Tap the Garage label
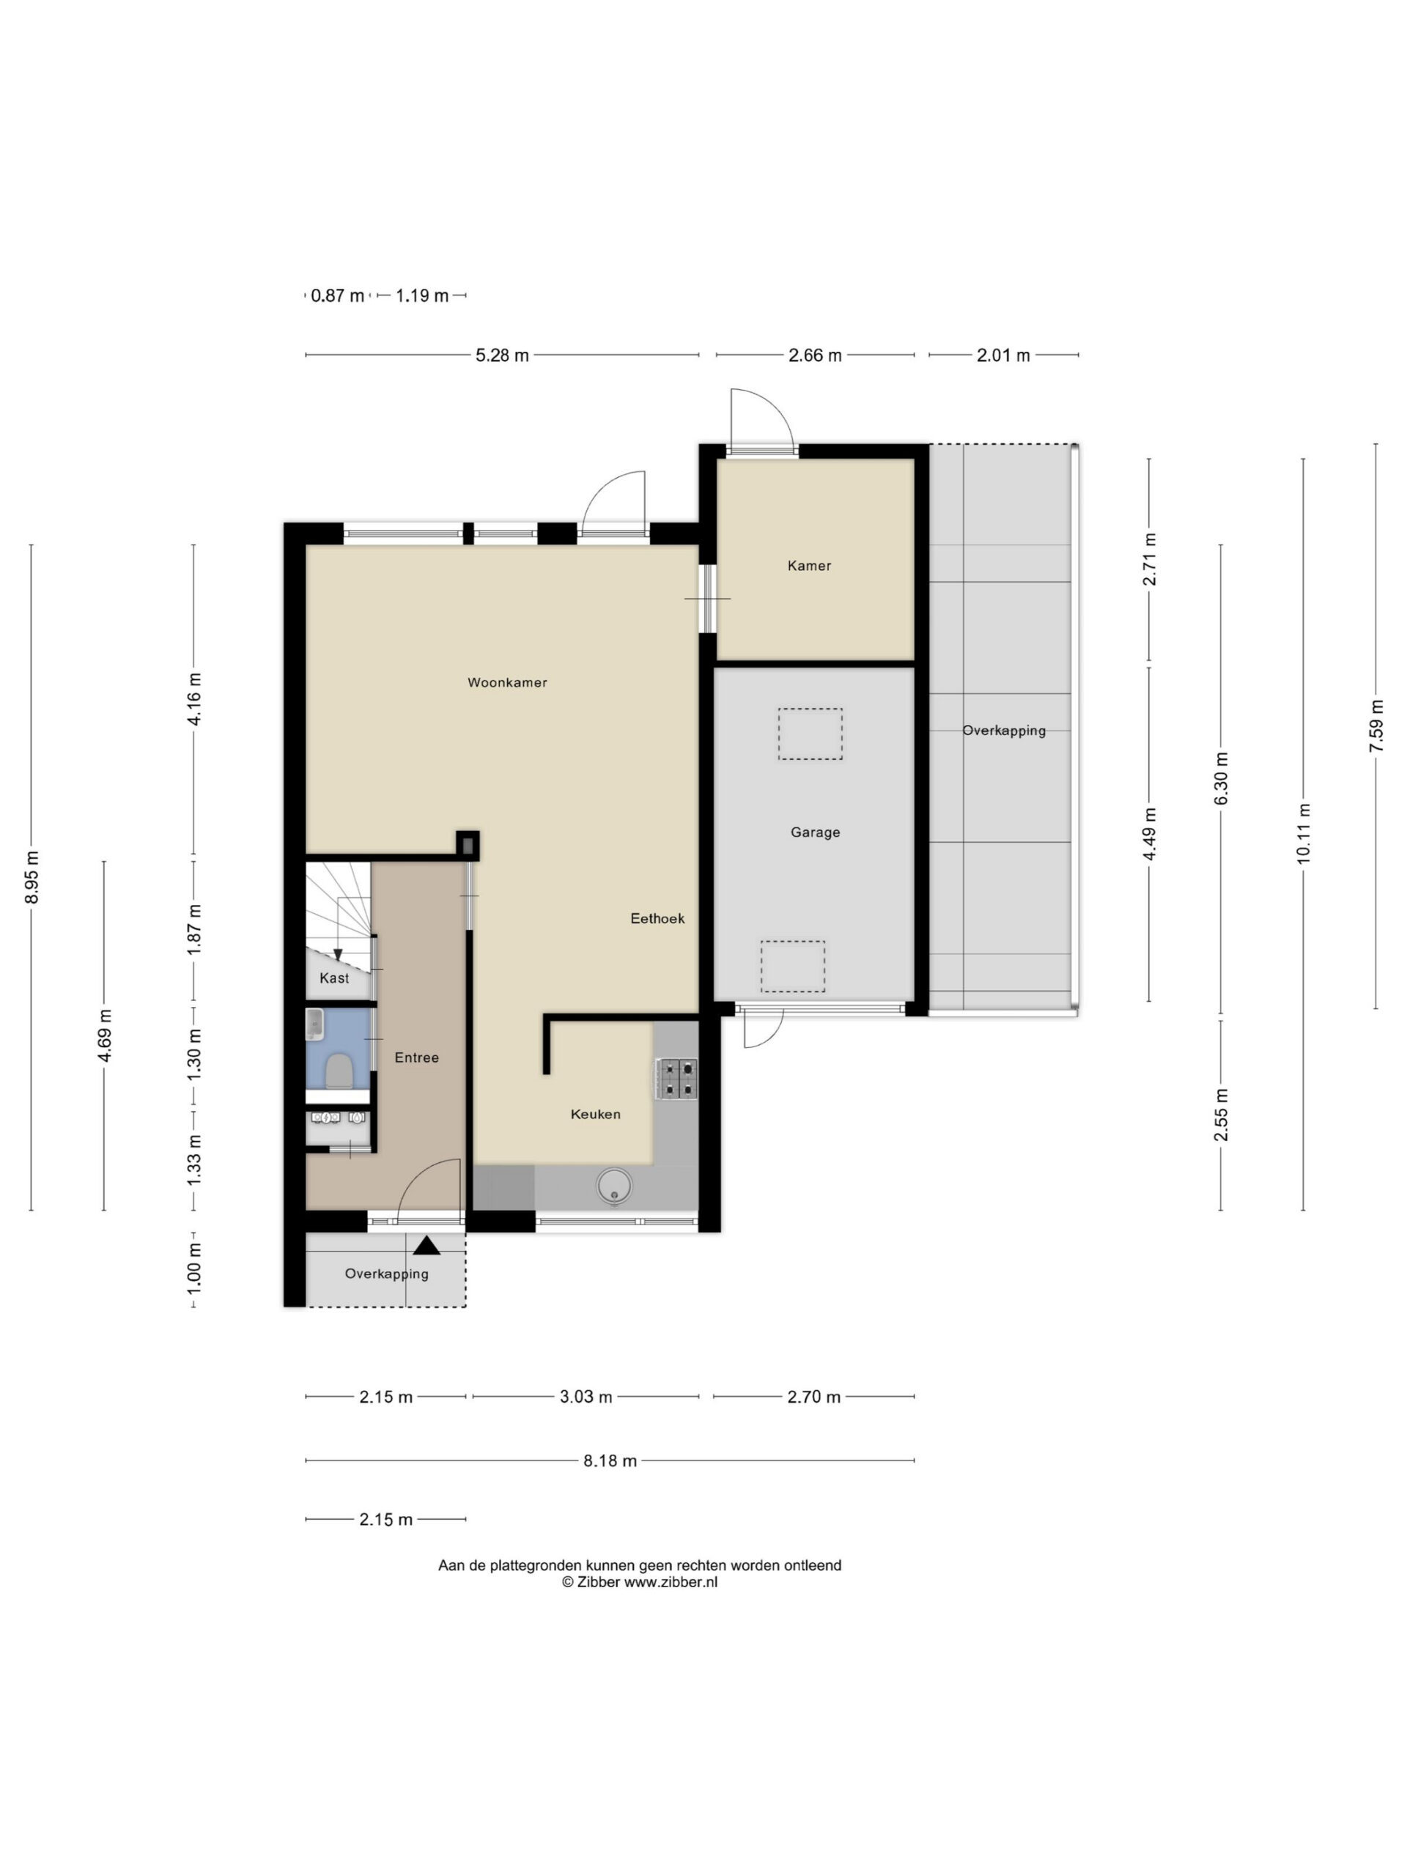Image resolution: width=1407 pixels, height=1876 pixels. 815,832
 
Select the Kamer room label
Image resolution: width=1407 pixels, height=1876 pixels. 809,566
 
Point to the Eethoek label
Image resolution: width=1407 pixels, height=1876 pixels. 657,917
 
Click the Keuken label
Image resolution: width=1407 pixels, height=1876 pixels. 595,1115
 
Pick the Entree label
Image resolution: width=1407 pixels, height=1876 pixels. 416,1057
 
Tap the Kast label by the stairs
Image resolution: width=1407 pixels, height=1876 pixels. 334,978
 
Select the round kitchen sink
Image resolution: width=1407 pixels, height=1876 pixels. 614,1185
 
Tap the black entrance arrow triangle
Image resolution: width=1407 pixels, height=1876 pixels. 426,1245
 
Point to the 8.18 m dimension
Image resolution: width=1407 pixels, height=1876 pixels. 610,1460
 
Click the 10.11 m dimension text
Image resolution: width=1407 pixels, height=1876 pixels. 1304,834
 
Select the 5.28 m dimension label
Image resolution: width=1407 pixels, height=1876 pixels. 502,355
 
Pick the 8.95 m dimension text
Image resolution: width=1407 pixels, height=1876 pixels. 32,876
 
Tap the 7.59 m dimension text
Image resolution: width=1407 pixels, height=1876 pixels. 1375,725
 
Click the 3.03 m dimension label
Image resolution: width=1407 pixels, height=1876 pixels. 586,1397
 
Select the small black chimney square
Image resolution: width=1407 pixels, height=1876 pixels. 468,845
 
